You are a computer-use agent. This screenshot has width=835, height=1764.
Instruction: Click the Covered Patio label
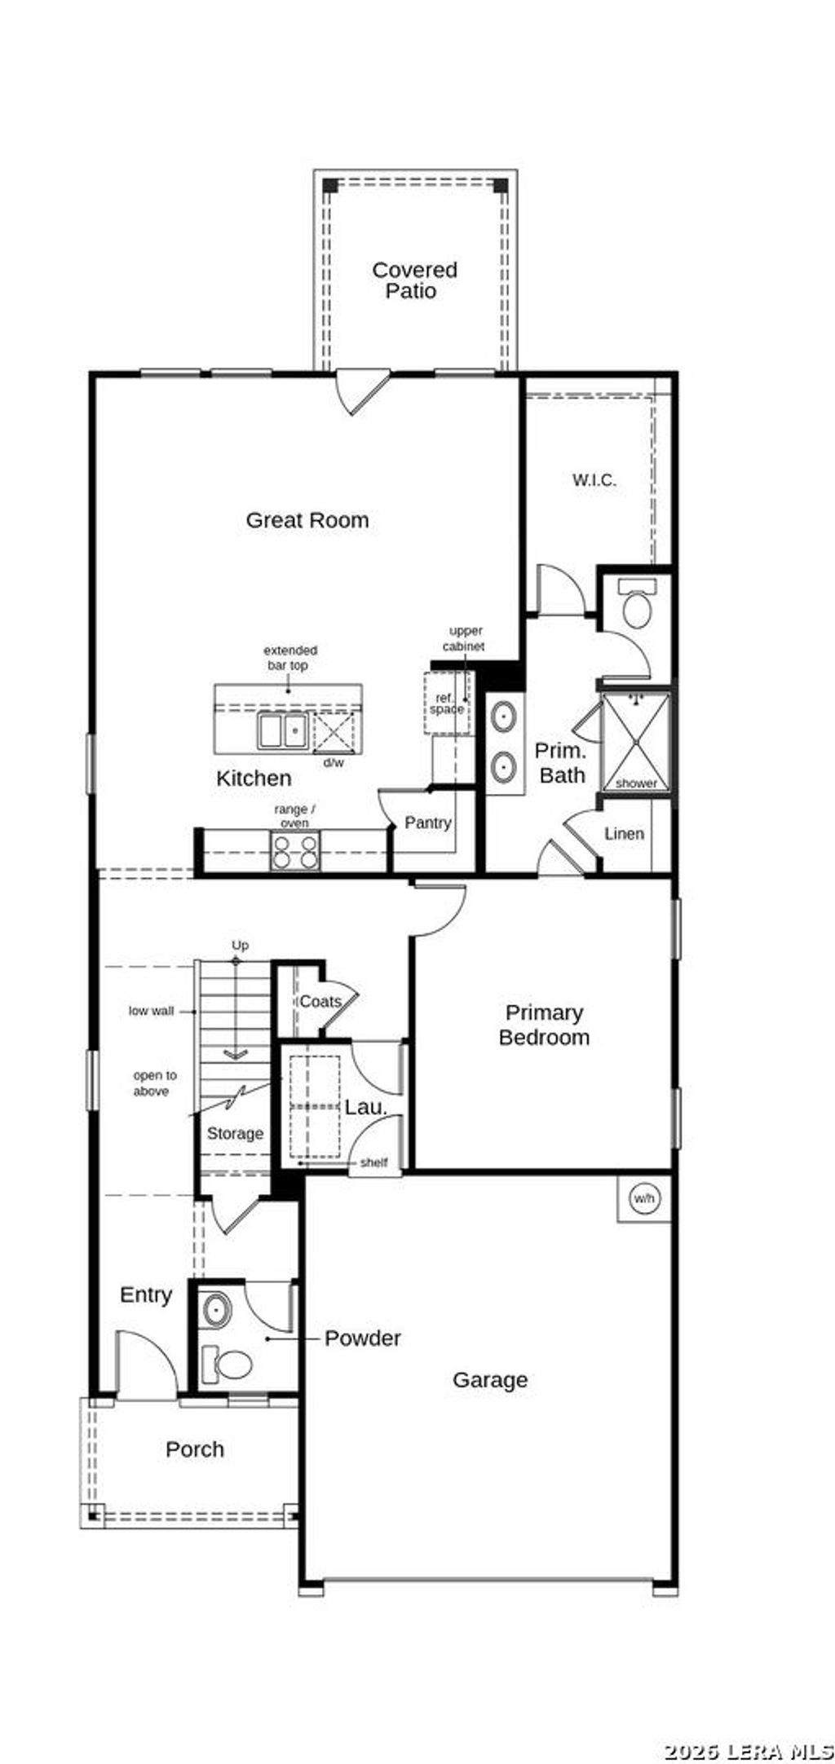414,280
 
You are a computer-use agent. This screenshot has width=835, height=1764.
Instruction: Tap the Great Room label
307,520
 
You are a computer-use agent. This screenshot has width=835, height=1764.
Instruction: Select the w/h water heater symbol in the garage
643,1198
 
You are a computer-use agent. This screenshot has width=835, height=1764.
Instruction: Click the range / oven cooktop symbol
294,850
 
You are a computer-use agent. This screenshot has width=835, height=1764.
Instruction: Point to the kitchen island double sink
282,730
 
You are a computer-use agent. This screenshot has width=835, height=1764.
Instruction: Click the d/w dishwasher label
334,763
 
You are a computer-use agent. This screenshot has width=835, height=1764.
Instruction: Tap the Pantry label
428,822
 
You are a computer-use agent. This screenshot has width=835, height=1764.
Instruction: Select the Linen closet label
624,833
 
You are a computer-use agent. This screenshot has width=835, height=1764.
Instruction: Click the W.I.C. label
594,480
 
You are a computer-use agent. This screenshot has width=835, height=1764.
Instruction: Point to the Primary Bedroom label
544,1025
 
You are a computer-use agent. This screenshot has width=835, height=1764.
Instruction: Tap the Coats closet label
320,1001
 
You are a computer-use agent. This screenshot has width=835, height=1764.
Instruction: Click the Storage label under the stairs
235,1133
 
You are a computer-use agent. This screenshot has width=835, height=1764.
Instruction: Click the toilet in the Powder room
228,1364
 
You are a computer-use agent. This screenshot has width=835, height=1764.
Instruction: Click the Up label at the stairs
240,945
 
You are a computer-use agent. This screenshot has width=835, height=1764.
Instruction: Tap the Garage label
490,1380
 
